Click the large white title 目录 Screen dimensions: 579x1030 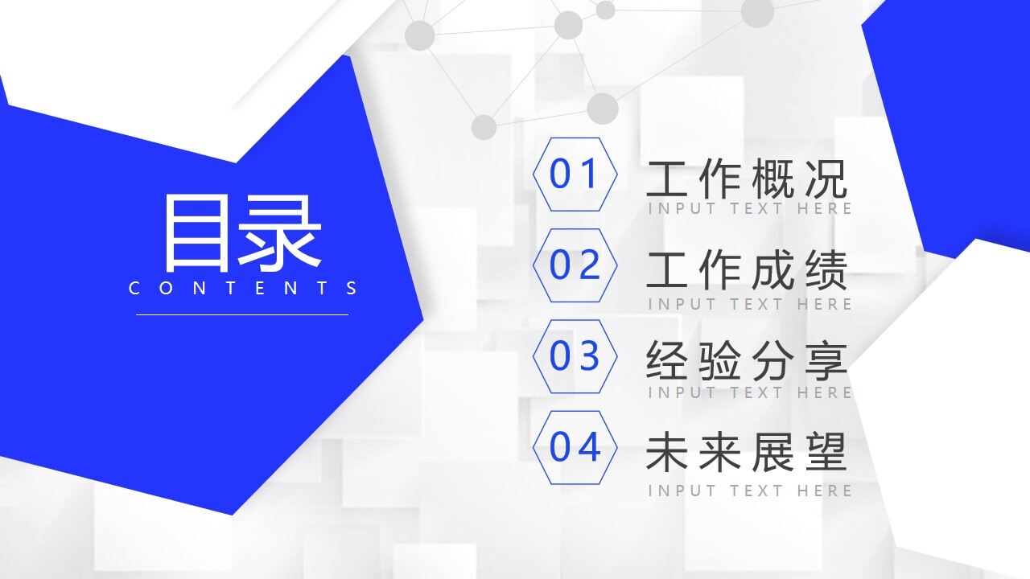coord(242,233)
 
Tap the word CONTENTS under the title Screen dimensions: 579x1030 coord(243,288)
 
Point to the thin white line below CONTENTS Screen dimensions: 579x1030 coord(242,314)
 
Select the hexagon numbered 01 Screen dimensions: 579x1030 coord(575,175)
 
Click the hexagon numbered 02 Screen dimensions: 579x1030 coord(575,265)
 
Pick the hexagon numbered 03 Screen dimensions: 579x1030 coord(575,356)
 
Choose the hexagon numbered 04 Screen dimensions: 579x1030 coord(575,447)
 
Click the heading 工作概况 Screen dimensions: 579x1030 coord(747,179)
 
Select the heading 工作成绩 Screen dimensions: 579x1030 coord(747,270)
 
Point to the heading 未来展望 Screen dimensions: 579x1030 coord(747,452)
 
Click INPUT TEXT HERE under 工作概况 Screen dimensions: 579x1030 coord(749,209)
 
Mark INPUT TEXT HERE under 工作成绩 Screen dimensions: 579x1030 coord(749,304)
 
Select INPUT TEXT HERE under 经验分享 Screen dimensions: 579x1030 coord(749,392)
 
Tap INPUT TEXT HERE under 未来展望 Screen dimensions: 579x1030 coord(749,490)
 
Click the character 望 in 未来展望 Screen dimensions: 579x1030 coord(826,452)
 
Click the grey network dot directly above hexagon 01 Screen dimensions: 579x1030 coord(602,109)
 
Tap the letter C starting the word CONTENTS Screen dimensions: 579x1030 coord(134,288)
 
